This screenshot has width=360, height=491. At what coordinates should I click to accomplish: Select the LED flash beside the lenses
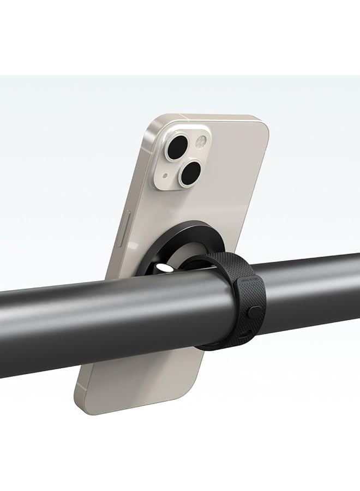200,143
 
